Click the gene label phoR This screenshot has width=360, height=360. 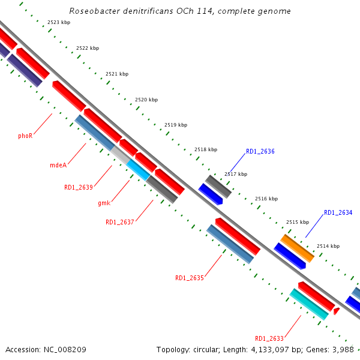point(25,136)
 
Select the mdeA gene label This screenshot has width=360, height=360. point(58,165)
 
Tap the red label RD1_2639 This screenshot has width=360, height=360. point(79,187)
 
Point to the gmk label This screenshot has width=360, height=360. point(104,203)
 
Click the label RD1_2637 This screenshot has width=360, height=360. point(120,222)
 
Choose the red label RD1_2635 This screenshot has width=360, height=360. point(190,278)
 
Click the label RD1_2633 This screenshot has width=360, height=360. point(269,338)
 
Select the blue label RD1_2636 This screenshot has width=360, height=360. point(260,151)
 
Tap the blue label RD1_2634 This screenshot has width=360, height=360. point(338,212)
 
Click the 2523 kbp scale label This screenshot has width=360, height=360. point(59,22)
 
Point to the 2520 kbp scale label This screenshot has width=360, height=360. point(146,100)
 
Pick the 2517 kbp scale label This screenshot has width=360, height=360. point(236,174)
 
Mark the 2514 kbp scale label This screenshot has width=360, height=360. point(328,246)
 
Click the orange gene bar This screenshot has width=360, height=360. point(298,248)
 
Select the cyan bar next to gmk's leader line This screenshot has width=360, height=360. point(138,170)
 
